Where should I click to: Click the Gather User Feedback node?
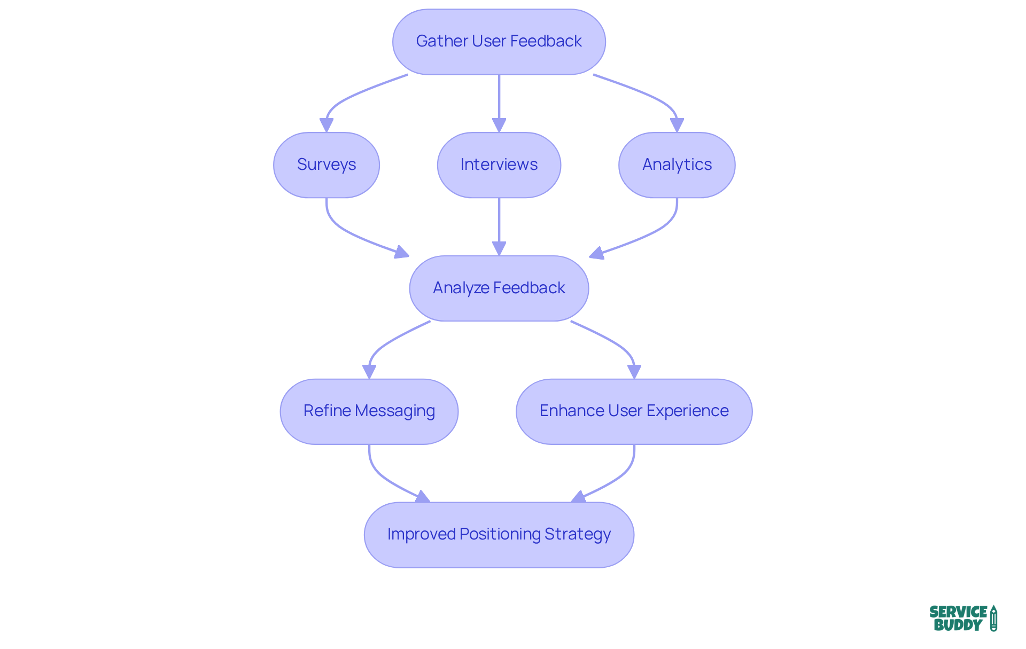pyautogui.click(x=499, y=41)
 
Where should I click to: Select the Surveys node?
pyautogui.click(x=326, y=165)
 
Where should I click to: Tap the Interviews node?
pyautogui.click(x=499, y=165)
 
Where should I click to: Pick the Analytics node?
pyautogui.click(x=677, y=165)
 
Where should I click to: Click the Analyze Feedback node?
pyautogui.click(x=499, y=288)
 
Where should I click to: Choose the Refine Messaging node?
pyautogui.click(x=369, y=411)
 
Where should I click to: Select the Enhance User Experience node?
pyautogui.click(x=634, y=411)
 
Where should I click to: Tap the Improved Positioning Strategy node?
pyautogui.click(x=499, y=534)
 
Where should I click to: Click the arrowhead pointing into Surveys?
pyautogui.click(x=327, y=126)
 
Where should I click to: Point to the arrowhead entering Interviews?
pyautogui.click(x=499, y=126)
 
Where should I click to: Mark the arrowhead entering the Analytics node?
pyautogui.click(x=677, y=126)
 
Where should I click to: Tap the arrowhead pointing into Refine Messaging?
pyautogui.click(x=369, y=372)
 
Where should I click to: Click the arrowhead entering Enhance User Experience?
pyautogui.click(x=634, y=372)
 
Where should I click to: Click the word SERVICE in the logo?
pyautogui.click(x=958, y=612)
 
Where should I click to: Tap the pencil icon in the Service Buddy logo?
pyautogui.click(x=993, y=619)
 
